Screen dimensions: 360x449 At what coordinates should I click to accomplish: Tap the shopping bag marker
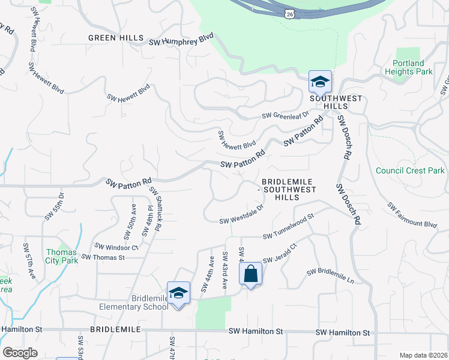click(x=250, y=275)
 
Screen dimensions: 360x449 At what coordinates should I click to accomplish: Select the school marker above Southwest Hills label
click(x=320, y=82)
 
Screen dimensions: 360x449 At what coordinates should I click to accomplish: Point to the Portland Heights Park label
click(x=412, y=67)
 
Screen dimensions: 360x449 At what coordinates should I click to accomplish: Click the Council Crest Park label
click(x=410, y=170)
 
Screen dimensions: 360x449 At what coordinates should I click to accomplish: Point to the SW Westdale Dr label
click(x=242, y=214)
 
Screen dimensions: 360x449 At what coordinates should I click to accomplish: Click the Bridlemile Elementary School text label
click(x=134, y=302)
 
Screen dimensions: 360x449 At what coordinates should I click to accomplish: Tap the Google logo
click(x=20, y=353)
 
